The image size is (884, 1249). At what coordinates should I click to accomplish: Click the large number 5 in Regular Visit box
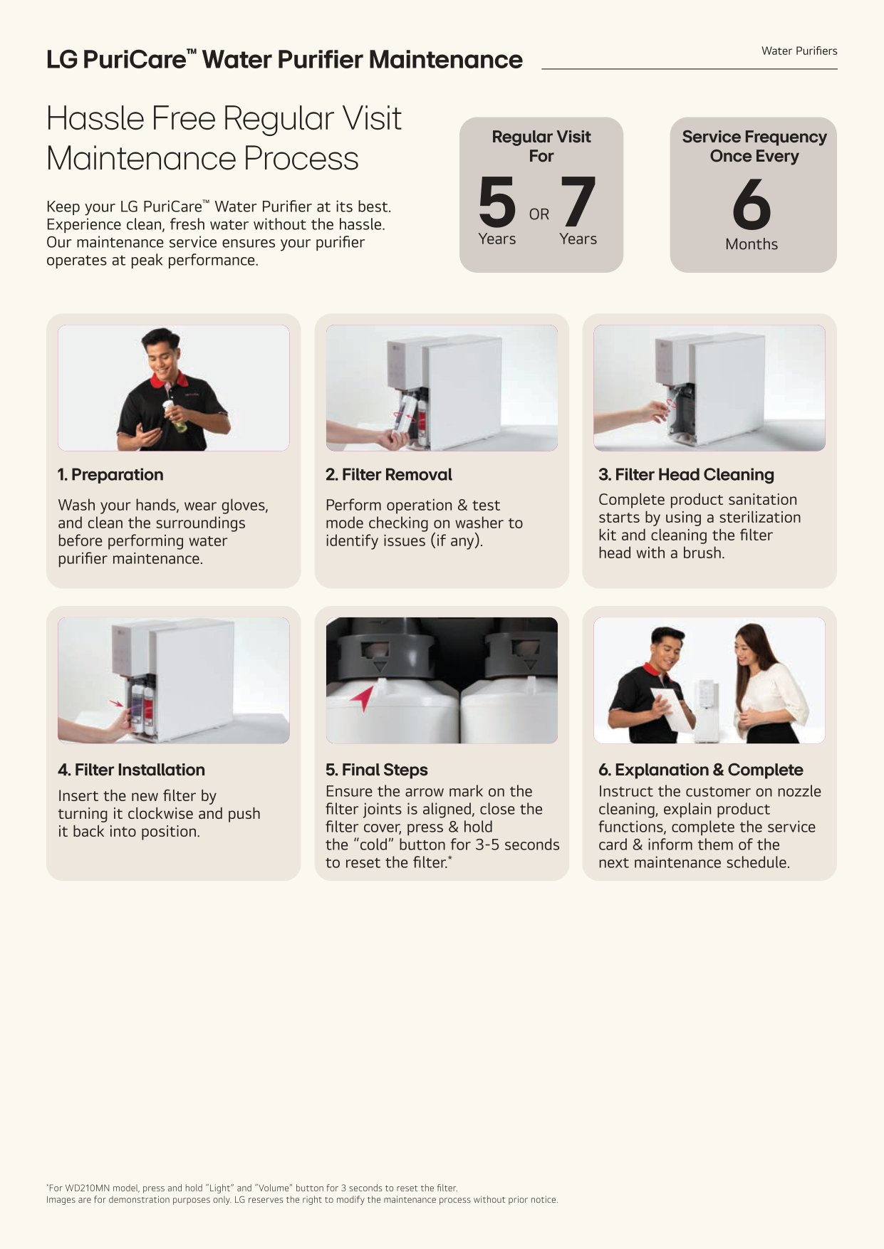497,202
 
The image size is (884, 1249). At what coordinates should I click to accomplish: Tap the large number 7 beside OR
578,202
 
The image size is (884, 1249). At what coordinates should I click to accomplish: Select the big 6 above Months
752,204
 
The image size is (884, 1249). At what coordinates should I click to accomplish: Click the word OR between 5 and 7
539,214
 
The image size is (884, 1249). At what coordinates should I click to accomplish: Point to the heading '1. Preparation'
110,474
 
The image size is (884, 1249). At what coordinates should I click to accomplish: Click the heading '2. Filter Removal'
389,474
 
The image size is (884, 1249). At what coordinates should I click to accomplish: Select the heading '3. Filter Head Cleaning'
686,474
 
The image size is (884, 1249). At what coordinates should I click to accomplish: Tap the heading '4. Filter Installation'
131,770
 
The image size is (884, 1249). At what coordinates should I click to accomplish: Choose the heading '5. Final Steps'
377,770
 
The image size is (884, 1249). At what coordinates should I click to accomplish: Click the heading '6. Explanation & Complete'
701,770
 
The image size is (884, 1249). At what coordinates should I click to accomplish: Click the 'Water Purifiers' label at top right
799,51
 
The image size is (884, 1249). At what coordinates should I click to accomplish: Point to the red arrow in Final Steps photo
363,699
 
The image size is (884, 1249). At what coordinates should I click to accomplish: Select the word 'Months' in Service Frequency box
752,244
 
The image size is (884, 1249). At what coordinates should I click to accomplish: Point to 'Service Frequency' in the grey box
754,137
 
